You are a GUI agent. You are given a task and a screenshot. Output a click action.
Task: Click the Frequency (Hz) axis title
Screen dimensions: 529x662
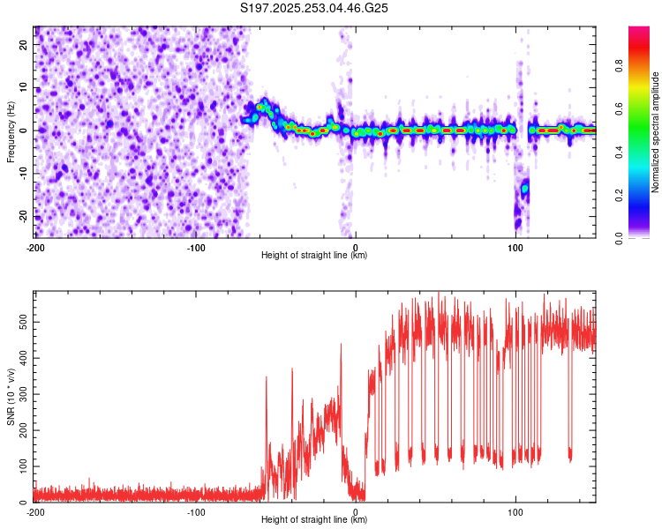(11, 131)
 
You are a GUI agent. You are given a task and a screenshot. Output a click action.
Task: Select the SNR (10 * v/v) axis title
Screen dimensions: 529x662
(11, 396)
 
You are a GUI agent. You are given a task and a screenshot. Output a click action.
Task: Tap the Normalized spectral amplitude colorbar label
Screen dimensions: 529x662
(656, 131)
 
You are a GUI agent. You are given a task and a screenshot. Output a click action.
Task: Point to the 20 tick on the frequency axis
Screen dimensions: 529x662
(25, 45)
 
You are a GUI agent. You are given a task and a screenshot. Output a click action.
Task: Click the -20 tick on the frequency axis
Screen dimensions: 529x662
(23, 215)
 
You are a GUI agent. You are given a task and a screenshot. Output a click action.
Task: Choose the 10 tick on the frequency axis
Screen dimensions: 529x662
(25, 87)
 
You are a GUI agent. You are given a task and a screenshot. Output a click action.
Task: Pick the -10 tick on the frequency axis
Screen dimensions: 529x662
(23, 173)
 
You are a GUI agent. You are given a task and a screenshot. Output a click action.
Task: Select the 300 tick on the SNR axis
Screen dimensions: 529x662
(23, 394)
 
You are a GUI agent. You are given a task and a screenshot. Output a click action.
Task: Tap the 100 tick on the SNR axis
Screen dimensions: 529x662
(23, 466)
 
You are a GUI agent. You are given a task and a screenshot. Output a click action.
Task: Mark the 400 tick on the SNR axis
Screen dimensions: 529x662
(23, 358)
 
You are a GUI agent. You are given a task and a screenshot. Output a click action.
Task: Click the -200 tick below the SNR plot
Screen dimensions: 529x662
(35, 512)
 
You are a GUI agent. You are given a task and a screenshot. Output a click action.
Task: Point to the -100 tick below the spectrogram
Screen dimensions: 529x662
(195, 248)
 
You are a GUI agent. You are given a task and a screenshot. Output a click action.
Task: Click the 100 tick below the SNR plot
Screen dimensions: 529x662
(516, 512)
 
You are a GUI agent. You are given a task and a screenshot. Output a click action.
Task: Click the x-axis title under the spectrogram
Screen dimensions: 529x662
(315, 256)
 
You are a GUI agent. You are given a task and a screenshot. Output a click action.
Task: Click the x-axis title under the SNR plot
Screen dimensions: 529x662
(315, 520)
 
